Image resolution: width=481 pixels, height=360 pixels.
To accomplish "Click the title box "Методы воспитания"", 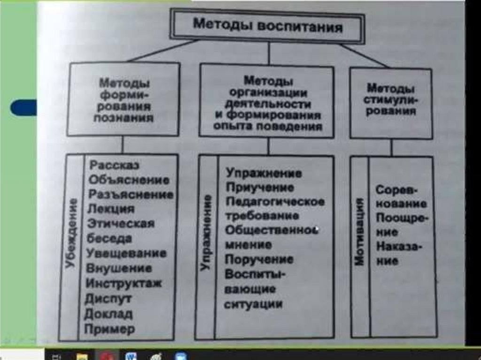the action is coord(268,26).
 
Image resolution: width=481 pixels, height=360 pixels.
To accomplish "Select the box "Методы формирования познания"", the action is coord(124,100).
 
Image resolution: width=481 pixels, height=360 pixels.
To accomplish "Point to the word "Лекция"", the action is coord(111,209).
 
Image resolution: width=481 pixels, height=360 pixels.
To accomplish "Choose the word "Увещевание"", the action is coord(127,253).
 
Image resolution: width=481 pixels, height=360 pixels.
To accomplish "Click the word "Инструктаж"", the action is coord(124,283).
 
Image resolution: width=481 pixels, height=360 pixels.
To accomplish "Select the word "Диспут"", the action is coord(109,298).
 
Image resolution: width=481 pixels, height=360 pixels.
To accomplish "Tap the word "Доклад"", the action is coord(109,314).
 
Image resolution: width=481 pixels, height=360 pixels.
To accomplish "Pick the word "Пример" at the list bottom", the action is coord(110,329).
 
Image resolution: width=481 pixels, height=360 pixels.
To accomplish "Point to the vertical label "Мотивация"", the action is coord(361,232).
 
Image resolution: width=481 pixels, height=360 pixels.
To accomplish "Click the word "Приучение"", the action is coord(260,188).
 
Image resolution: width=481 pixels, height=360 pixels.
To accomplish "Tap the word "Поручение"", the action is coord(259,260).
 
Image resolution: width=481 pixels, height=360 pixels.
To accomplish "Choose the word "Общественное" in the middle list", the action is coord(270,230).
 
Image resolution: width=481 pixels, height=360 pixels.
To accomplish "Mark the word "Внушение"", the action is coord(119,268).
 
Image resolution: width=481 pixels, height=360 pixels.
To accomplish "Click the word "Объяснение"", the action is coord(129,180).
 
